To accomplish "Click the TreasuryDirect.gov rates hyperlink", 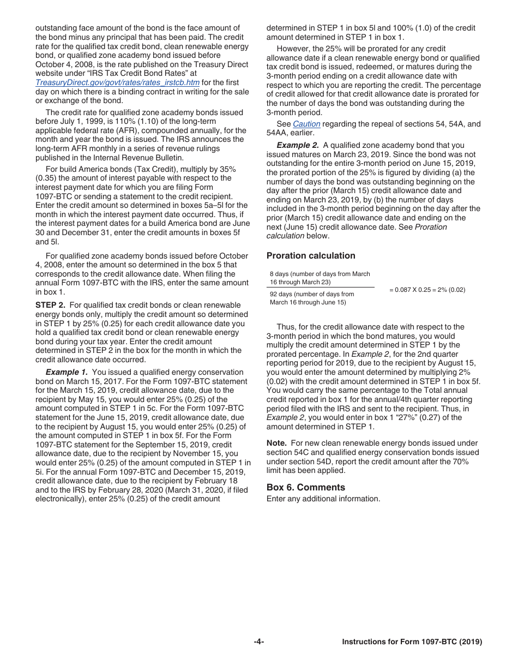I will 117,82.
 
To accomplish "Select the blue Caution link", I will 306,124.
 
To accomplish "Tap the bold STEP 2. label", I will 50,305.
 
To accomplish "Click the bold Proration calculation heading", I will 310,255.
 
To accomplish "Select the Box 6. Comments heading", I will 305,487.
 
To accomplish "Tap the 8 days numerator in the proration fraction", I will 320,278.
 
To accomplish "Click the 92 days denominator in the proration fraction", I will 311,298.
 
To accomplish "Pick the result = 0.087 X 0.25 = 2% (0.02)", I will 427,290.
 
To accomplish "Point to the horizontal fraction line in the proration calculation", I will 320,287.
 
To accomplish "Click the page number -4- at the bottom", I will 259,642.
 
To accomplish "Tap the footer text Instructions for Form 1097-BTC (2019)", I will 412,642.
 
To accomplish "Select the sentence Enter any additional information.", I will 323,499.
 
